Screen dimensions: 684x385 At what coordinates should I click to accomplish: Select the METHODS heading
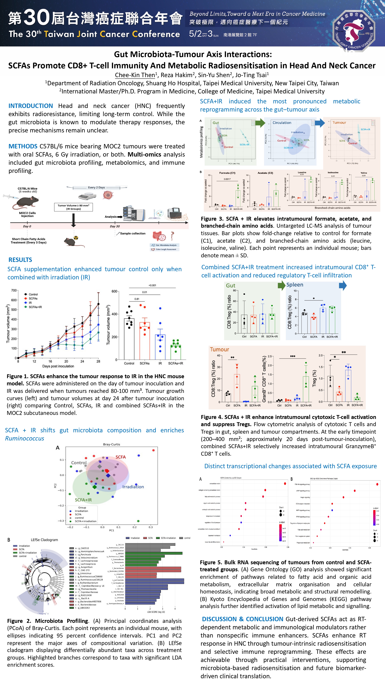point(23,146)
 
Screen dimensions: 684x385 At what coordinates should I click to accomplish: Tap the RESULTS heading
point(20,260)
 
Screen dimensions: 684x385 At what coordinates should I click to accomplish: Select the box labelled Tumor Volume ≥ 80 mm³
point(73,207)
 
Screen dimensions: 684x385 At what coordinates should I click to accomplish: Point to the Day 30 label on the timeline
point(115,226)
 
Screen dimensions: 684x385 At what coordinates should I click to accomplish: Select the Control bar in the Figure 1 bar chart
point(129,339)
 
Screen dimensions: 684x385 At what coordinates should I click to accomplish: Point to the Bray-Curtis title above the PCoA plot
point(111,444)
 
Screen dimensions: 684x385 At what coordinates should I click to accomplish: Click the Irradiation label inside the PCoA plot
point(133,487)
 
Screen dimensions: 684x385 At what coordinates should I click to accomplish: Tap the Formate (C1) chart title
point(227,173)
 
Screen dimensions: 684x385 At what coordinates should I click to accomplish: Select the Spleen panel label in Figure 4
point(295,285)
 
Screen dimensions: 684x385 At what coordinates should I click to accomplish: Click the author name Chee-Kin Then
point(135,75)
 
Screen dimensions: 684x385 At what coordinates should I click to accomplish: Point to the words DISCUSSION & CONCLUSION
point(242,619)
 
